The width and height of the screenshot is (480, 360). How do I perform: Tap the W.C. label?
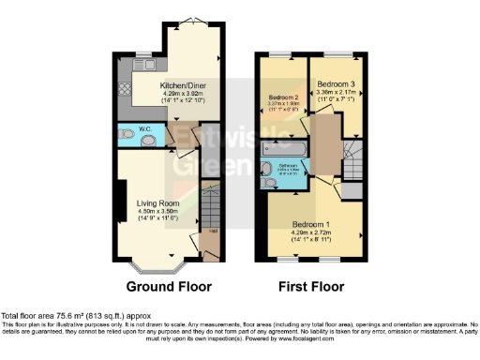tap(146, 129)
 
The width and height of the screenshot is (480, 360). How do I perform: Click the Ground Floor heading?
tap(169, 286)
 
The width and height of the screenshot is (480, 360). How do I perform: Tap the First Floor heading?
tap(311, 286)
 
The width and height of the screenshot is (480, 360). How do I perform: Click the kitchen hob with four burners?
tap(126, 91)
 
